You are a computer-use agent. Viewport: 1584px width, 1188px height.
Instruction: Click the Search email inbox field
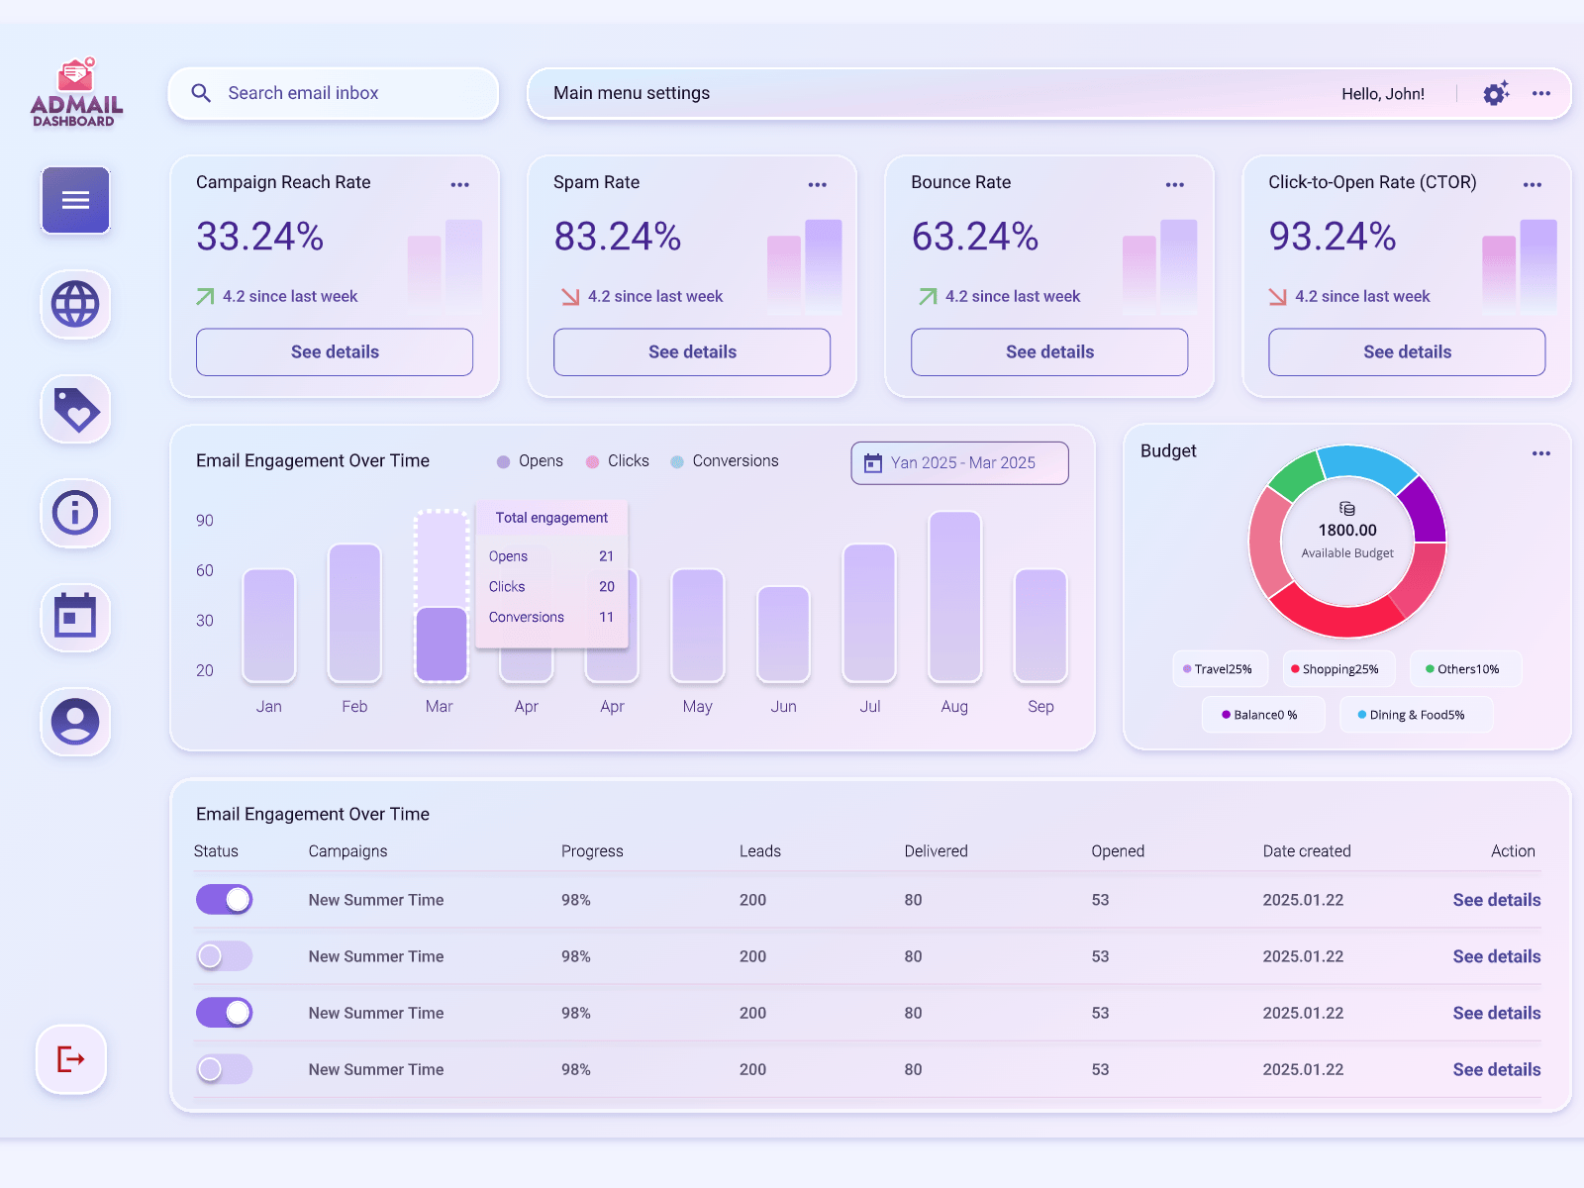click(x=333, y=93)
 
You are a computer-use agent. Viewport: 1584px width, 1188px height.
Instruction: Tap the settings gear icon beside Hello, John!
click(x=1495, y=93)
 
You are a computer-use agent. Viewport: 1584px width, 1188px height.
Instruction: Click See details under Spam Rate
click(x=692, y=352)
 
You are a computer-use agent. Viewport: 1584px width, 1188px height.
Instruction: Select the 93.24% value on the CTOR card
click(x=1333, y=237)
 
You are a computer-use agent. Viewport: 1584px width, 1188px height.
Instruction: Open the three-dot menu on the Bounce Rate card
click(x=1174, y=185)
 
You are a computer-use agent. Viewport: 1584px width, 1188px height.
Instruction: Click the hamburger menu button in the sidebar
click(x=75, y=200)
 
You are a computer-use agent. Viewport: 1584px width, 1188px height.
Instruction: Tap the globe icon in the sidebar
click(x=75, y=304)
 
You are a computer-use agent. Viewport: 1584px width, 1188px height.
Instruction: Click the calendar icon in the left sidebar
click(x=75, y=617)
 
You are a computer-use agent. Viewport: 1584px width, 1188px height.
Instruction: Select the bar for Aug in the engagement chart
click(x=954, y=596)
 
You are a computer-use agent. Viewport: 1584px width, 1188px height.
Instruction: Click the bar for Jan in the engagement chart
click(x=268, y=626)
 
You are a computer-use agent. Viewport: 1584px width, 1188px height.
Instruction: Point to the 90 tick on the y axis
click(x=205, y=521)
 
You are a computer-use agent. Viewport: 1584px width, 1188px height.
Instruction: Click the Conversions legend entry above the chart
click(x=725, y=461)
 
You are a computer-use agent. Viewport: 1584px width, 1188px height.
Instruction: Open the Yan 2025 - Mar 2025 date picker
click(x=959, y=463)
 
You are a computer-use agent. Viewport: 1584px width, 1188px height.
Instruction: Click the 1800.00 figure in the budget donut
click(x=1346, y=531)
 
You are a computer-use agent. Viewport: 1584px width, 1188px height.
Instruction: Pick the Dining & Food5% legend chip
click(x=1416, y=715)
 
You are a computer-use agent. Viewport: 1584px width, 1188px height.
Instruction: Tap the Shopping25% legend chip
click(x=1338, y=669)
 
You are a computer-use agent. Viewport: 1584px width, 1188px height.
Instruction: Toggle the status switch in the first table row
click(x=225, y=900)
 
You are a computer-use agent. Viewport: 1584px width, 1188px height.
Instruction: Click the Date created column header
click(x=1306, y=851)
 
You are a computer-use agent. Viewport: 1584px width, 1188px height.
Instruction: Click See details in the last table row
click(x=1496, y=1069)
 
